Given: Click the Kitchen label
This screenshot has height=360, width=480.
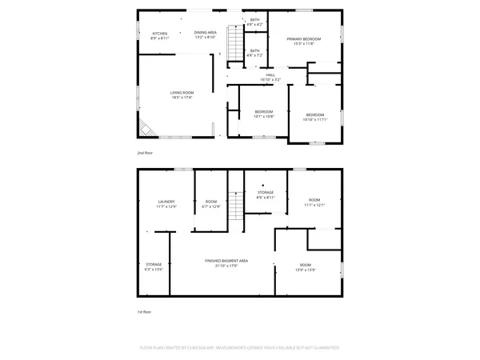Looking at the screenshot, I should (x=160, y=34).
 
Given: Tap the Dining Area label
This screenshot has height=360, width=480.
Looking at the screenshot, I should (x=205, y=34).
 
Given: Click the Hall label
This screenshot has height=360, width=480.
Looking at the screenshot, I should (x=270, y=78).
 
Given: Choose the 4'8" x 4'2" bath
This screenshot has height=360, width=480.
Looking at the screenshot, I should (x=254, y=22).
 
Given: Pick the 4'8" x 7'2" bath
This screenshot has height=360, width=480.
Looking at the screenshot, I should (x=254, y=54).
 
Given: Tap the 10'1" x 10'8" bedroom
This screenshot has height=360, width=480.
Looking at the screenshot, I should (x=264, y=114).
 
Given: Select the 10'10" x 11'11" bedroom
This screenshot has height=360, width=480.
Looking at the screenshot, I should (x=316, y=117).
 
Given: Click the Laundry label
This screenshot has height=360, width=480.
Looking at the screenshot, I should (x=166, y=204).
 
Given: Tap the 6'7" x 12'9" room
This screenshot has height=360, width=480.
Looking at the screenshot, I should (x=211, y=204).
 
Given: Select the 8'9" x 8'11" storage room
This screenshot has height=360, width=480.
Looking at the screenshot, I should (x=266, y=194).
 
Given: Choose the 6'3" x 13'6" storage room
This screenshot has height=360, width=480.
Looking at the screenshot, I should (x=154, y=266).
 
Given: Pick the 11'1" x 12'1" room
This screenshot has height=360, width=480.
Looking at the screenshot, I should (x=314, y=202).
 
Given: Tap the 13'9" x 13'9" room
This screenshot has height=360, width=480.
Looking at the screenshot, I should (x=306, y=266).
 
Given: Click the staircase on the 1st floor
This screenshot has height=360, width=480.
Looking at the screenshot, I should (x=235, y=210).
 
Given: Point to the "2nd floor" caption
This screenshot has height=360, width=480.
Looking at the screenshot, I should (x=145, y=152).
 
